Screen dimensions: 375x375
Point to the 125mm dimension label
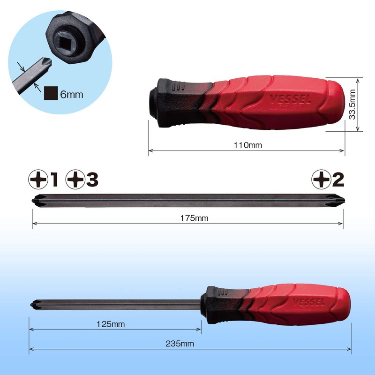pyautogui.click(x=112, y=323)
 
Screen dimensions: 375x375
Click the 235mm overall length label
pyautogui.click(x=180, y=344)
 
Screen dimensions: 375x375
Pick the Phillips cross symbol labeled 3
pyautogui.click(x=75, y=179)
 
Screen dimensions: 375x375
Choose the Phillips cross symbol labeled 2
pyautogui.click(x=321, y=179)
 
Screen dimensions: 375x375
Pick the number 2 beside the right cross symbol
pyautogui.click(x=337, y=179)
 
